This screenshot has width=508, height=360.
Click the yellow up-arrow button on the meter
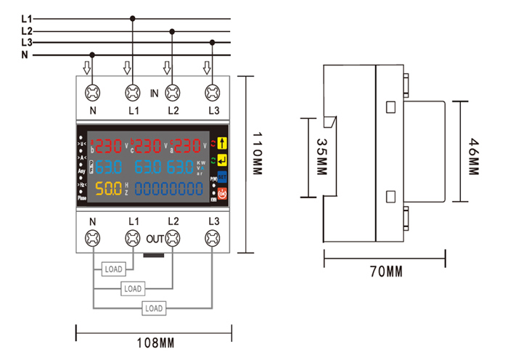223,144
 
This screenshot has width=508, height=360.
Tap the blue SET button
223,176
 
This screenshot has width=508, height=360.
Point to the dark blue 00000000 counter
169,189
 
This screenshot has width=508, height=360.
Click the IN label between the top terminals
154,94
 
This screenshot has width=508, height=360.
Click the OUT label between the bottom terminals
155,237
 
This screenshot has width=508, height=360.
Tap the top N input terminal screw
93,92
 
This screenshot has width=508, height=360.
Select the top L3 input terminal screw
213,92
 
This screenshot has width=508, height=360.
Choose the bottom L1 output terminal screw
133,237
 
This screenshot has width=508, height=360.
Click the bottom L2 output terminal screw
173,237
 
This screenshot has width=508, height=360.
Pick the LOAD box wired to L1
113,269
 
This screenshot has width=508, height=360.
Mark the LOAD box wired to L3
153,308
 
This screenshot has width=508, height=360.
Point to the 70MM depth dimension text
385,272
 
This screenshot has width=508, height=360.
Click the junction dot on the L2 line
172,30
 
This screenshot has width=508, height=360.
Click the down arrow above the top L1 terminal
128,68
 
